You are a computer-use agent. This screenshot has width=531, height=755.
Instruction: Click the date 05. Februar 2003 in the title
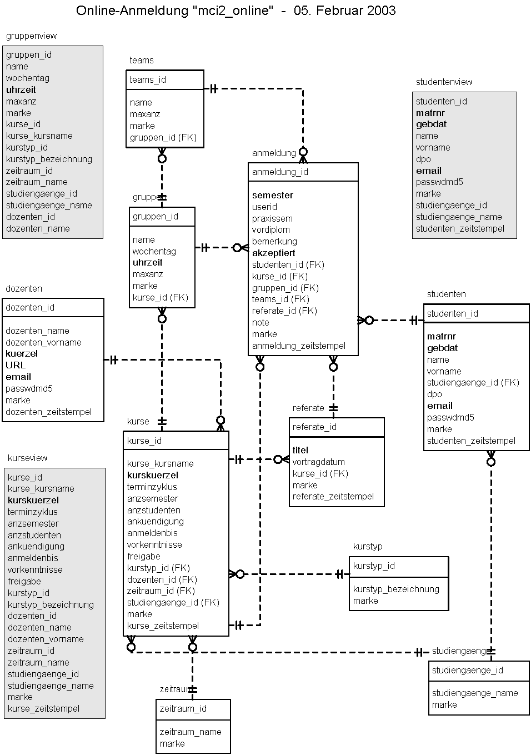(x=344, y=11)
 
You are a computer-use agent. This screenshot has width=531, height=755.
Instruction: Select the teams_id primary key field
(x=148, y=79)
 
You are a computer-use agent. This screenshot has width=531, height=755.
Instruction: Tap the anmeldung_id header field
(x=280, y=172)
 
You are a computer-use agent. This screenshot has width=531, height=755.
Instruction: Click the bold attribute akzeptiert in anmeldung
(x=273, y=253)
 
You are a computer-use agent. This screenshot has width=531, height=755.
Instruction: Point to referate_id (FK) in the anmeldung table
(x=284, y=311)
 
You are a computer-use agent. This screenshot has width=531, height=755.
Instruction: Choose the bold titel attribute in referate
(x=300, y=450)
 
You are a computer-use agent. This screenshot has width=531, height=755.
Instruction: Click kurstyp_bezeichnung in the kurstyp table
(x=396, y=589)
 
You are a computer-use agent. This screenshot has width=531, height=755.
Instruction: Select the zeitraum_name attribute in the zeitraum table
(x=190, y=732)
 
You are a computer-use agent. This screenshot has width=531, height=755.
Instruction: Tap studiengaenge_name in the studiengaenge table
(x=475, y=693)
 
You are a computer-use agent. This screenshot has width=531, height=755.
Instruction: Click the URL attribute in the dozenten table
(x=16, y=365)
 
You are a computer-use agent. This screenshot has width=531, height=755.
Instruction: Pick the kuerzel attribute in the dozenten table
(x=22, y=353)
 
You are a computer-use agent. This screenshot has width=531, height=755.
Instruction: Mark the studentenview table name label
(x=444, y=82)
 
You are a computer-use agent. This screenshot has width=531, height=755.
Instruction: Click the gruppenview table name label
(x=31, y=36)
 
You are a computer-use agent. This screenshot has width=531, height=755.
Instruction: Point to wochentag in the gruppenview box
(x=28, y=78)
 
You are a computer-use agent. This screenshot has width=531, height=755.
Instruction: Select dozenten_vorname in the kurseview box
(x=46, y=639)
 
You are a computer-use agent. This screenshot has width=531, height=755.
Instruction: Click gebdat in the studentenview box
(x=431, y=124)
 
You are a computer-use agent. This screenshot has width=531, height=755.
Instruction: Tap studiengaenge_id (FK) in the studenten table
(x=473, y=382)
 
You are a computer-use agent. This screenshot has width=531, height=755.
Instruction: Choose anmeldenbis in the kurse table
(x=152, y=533)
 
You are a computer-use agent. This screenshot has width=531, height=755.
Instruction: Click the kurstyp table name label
(x=368, y=546)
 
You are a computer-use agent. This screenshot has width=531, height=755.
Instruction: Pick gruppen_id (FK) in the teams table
(x=163, y=137)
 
